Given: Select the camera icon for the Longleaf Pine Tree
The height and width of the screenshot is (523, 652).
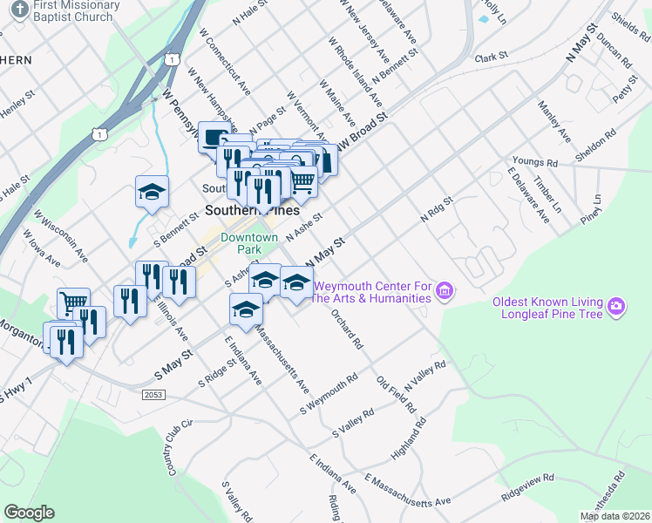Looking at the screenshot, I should click(x=616, y=306).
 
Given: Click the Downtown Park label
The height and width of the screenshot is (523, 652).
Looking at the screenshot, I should click(x=249, y=243).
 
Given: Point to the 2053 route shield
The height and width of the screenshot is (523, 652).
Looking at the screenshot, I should click(x=152, y=395).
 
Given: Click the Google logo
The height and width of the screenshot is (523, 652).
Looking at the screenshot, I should click(x=29, y=512).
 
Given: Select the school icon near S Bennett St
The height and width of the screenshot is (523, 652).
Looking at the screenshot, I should click(x=152, y=192).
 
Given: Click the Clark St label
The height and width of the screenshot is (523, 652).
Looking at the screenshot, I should click(x=491, y=58).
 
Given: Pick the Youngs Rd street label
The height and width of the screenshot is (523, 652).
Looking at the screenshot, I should click(x=534, y=162).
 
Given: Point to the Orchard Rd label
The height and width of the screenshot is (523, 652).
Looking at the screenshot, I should click(x=346, y=328).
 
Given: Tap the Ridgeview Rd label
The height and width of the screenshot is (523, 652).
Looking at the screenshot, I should click(x=527, y=488).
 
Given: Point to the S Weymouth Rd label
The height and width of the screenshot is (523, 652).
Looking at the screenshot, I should click(x=329, y=395).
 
